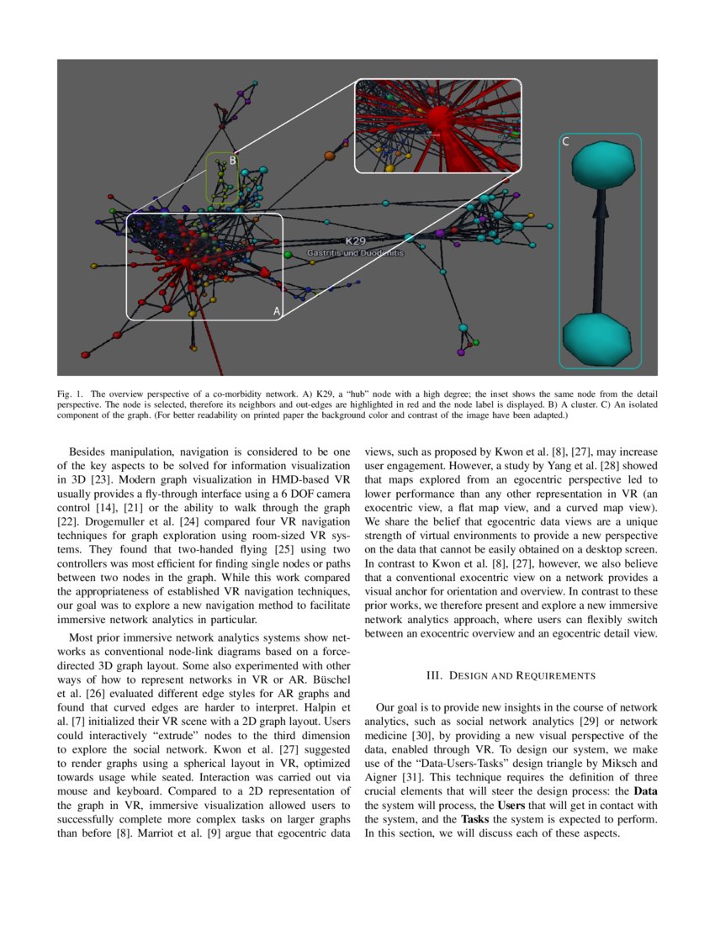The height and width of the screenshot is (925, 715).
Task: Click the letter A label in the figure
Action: point(276,310)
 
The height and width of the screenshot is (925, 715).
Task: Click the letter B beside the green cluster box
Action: point(233,161)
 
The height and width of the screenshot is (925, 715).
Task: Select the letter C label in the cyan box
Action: point(565,142)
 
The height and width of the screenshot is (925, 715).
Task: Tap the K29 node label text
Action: point(353,240)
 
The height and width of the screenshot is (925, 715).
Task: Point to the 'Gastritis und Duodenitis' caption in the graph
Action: point(356,252)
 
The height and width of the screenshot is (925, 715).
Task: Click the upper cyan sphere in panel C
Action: point(600,164)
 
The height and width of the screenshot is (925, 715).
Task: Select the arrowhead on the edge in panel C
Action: point(599,205)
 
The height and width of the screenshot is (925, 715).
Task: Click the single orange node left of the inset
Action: point(330,156)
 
